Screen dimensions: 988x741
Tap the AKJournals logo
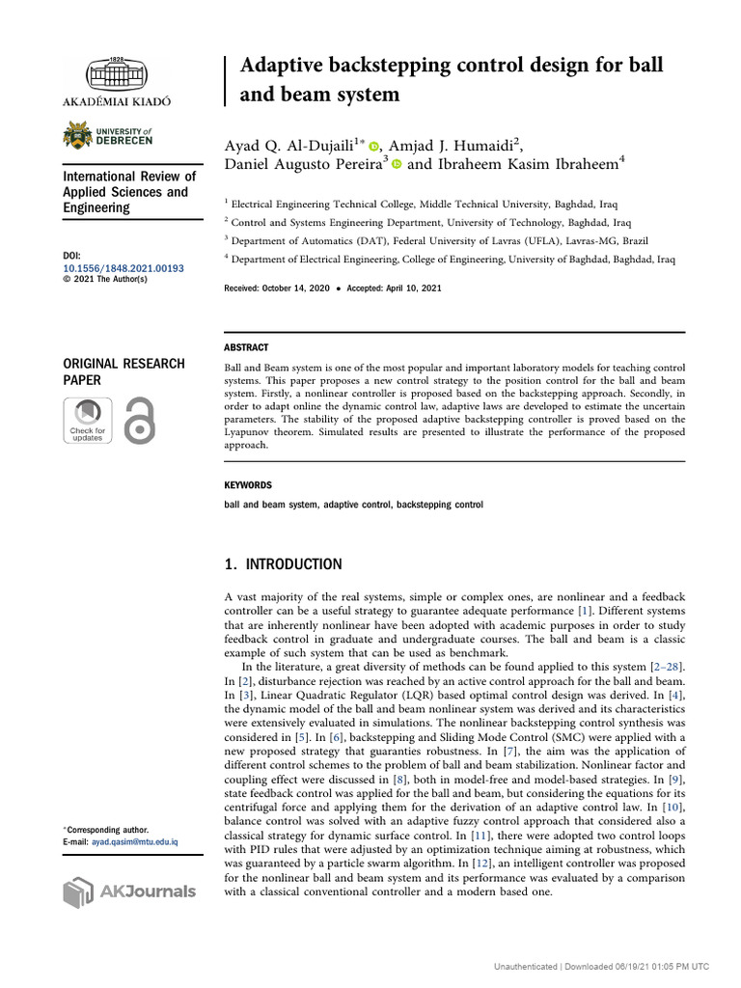[129, 892]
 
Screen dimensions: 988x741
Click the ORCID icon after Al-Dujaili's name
[373, 146]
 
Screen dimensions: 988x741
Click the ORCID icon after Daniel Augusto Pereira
[396, 166]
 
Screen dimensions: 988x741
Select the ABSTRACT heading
[246, 347]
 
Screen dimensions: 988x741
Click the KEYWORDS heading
[248, 485]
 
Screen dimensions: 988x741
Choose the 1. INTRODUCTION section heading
[283, 564]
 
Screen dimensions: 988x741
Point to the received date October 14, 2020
[302, 288]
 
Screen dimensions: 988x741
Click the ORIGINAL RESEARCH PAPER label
[123, 371]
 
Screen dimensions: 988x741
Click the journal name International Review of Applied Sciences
[129, 192]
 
